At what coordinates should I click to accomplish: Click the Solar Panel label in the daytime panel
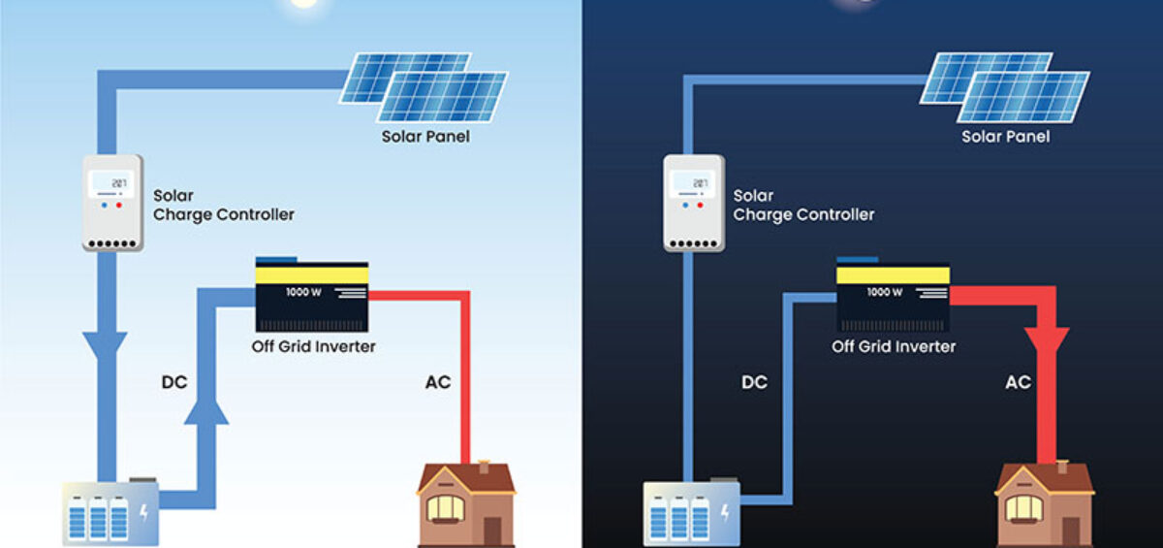tap(425, 137)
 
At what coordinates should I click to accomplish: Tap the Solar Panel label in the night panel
tap(1005, 137)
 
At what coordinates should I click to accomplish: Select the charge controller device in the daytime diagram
tap(112, 202)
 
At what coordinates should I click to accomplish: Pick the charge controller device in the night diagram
tap(692, 202)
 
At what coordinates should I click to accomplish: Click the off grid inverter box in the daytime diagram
tap(311, 296)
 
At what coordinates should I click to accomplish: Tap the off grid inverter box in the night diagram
tap(893, 296)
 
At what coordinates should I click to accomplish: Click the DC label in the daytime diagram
tap(174, 382)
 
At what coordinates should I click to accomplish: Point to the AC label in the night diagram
tap(1018, 382)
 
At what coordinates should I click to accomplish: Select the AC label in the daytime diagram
tap(438, 382)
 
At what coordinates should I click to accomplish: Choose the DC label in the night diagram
tap(754, 382)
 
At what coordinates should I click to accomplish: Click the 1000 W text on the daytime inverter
tap(302, 292)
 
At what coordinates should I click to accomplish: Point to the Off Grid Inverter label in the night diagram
tap(894, 346)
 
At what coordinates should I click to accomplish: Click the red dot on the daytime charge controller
tap(119, 205)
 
